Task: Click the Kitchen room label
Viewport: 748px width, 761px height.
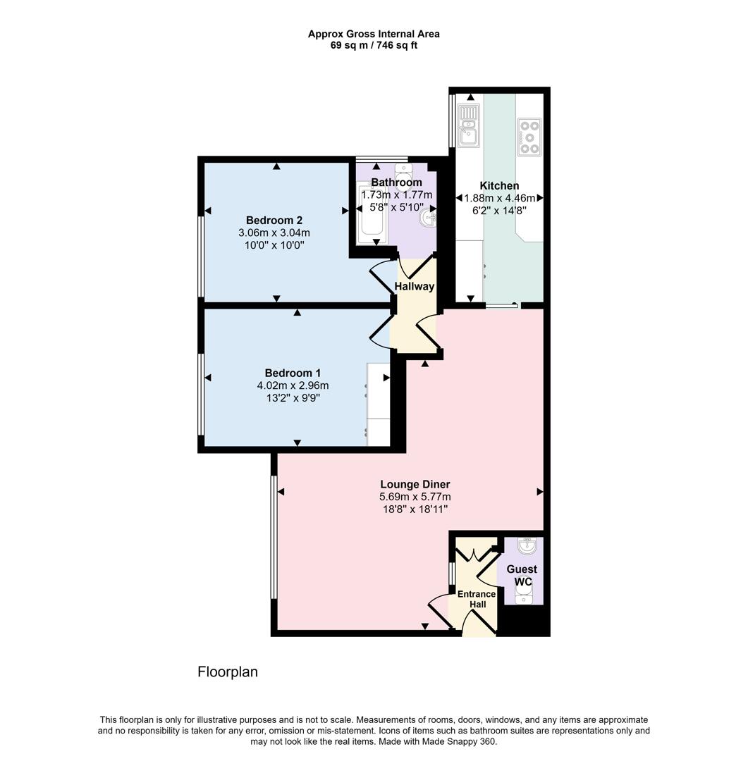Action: (499, 186)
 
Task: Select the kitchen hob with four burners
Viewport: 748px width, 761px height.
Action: (529, 137)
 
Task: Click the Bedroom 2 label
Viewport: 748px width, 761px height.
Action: (274, 218)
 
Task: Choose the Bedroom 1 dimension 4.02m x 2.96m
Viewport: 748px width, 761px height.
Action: (293, 385)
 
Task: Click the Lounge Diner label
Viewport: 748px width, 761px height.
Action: (415, 484)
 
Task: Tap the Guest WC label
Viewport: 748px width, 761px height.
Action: (521, 575)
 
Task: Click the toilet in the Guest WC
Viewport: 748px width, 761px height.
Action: (523, 598)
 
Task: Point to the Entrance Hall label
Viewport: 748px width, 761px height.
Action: (477, 599)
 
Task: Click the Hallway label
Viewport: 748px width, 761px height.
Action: (415, 286)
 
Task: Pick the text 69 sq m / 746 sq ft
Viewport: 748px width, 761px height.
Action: (374, 46)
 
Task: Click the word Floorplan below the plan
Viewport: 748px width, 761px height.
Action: (228, 672)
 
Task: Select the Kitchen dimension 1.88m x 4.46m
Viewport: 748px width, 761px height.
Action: (499, 198)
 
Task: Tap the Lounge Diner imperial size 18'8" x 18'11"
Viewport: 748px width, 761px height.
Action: (415, 509)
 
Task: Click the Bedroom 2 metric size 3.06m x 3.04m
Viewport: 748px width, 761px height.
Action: (274, 232)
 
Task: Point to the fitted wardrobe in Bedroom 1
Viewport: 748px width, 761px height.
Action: (378, 404)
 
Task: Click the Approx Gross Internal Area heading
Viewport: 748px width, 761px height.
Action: (374, 34)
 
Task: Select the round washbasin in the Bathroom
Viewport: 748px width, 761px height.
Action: (427, 219)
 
